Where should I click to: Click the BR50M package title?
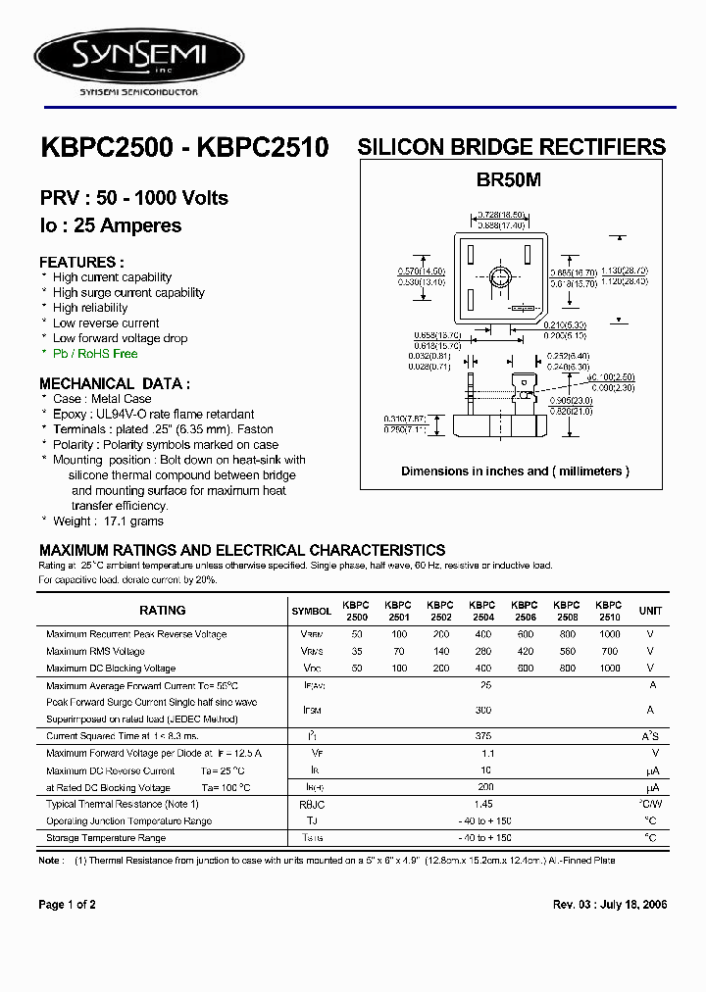pyautogui.click(x=509, y=180)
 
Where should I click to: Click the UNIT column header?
pyautogui.click(x=650, y=611)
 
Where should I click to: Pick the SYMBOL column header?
pyautogui.click(x=311, y=611)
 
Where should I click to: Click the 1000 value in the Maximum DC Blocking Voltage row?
pyautogui.click(x=609, y=668)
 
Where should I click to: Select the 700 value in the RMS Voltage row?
pyautogui.click(x=609, y=651)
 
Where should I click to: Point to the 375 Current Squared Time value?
pyautogui.click(x=483, y=735)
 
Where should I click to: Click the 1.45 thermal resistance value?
pyautogui.click(x=484, y=804)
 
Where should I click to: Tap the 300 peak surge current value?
pyautogui.click(x=483, y=710)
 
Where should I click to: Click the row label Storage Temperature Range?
pyautogui.click(x=106, y=838)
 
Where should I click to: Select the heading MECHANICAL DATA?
pyautogui.click(x=115, y=384)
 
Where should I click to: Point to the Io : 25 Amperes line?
pyautogui.click(x=110, y=225)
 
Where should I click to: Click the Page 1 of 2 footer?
pyautogui.click(x=67, y=905)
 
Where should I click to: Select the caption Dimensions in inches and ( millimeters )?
pyautogui.click(x=515, y=471)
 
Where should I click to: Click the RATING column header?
pyautogui.click(x=163, y=611)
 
